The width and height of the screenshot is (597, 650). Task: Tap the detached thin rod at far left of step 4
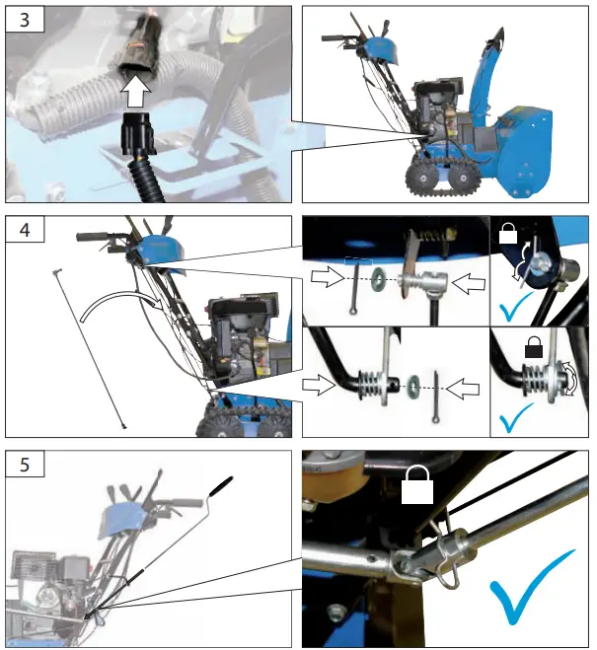pyautogui.click(x=90, y=345)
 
